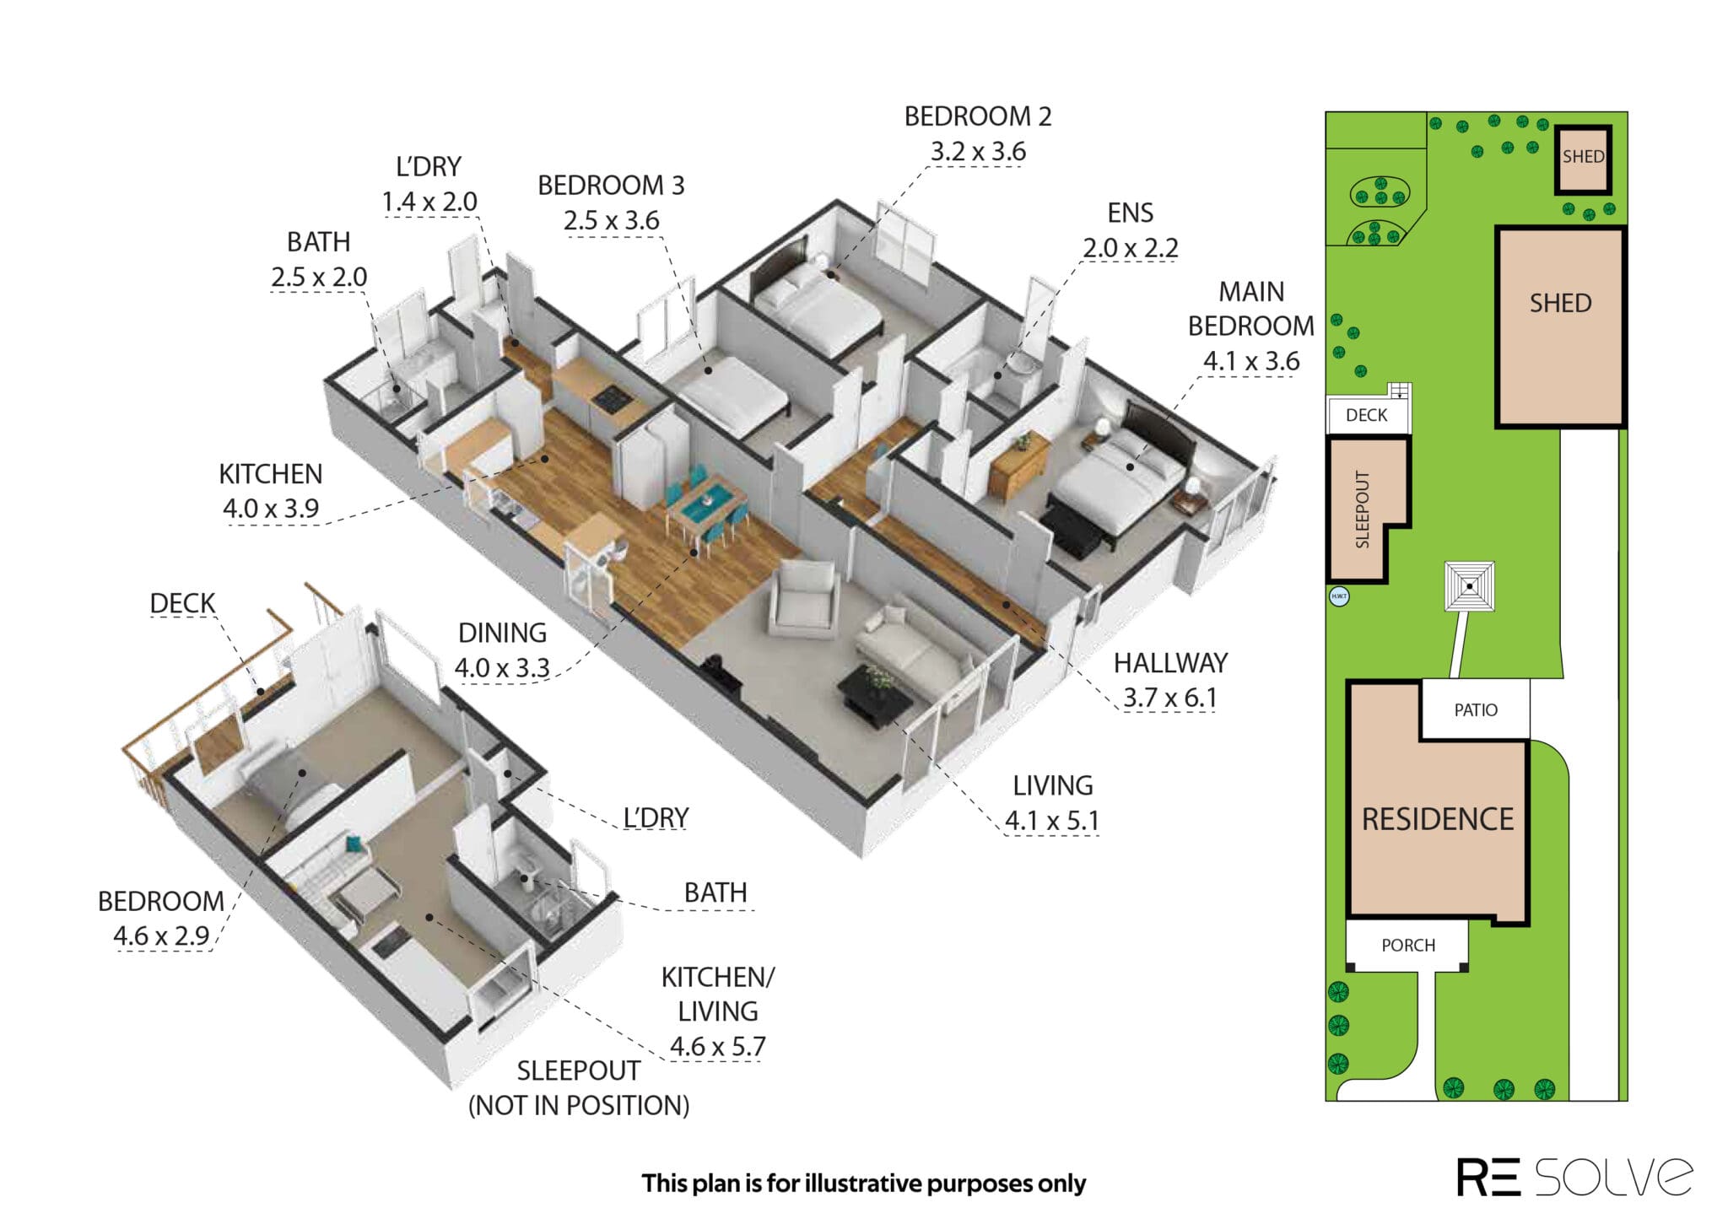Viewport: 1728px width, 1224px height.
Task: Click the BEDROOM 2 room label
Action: [978, 116]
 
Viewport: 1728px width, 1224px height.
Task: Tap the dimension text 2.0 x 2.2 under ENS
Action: [1130, 248]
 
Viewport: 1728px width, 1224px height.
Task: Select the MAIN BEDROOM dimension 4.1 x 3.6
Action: [1251, 361]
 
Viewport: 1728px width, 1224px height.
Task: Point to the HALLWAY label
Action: [1170, 663]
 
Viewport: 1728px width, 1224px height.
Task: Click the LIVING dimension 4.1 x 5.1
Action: [1052, 820]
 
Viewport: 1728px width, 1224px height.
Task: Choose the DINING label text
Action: [502, 633]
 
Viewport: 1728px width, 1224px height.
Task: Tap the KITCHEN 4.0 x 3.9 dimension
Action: [271, 509]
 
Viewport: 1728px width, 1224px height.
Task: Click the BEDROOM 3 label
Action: [611, 186]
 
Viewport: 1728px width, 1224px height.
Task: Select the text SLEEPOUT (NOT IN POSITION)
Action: [579, 1087]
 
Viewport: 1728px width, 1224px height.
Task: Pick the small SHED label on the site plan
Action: [1583, 157]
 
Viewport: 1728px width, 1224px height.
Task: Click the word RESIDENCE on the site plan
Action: [1438, 819]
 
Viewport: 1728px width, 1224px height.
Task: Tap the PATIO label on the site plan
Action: [1476, 710]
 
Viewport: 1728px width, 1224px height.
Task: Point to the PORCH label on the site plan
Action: [1408, 946]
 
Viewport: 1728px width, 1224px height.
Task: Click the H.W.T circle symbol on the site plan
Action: [1339, 596]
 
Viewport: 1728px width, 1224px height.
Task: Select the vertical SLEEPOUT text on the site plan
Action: [1362, 510]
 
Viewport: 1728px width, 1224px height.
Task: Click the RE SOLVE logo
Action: [1574, 1176]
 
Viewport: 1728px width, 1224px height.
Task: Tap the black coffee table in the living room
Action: [874, 693]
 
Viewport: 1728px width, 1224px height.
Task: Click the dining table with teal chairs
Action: [706, 508]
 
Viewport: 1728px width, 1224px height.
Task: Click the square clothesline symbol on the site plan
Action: [1470, 586]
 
